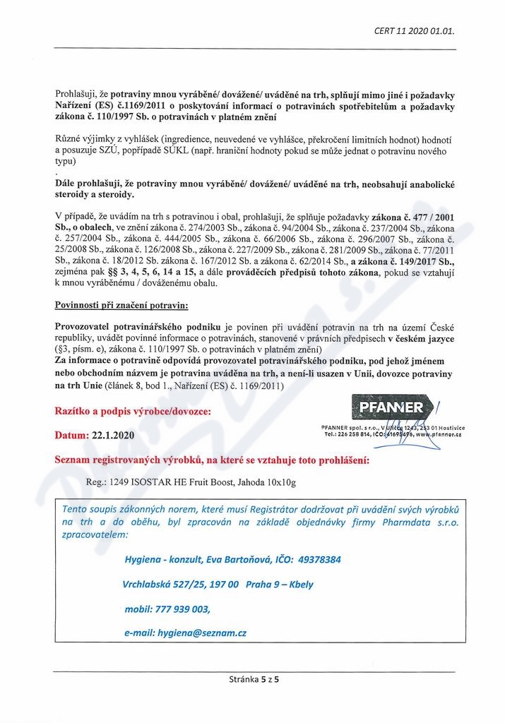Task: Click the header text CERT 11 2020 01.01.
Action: (414, 31)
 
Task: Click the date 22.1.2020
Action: (114, 436)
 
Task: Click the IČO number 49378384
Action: (309, 559)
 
